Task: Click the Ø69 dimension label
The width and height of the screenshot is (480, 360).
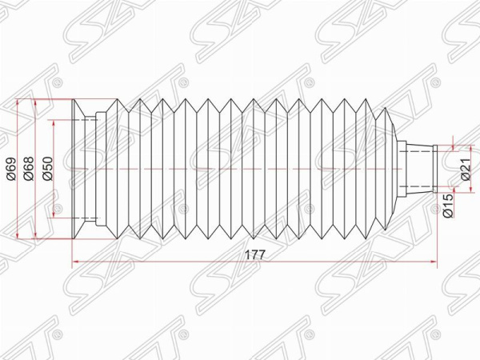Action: (11, 169)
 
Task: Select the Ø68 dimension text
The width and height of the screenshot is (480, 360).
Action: (29, 168)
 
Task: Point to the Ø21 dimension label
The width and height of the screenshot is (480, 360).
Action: (465, 170)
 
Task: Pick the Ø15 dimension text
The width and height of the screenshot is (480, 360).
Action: (447, 206)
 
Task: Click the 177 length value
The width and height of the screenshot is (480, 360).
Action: (254, 254)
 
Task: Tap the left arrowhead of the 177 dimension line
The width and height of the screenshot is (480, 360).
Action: (75, 262)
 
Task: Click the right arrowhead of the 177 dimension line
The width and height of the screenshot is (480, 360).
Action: (434, 262)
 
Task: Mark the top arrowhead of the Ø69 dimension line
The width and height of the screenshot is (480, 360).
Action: (18, 103)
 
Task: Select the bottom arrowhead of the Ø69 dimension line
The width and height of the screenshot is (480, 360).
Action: (18, 234)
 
